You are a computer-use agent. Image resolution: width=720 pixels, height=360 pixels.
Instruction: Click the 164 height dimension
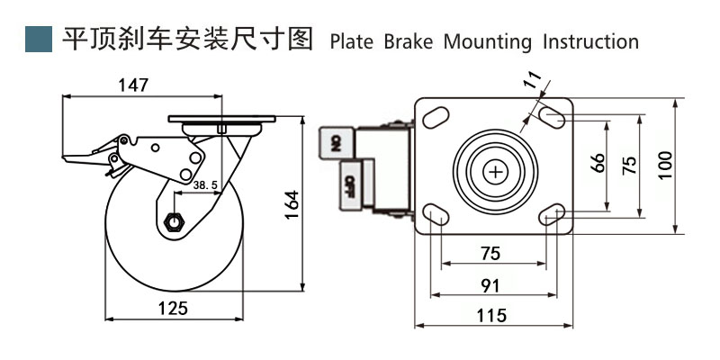pyautogui.click(x=291, y=208)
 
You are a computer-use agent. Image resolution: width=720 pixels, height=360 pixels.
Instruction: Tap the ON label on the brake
pyautogui.click(x=335, y=142)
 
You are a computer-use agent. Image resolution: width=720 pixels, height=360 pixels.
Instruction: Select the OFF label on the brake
pyautogui.click(x=349, y=184)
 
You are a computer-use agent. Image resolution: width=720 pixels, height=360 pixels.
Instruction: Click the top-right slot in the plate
pyautogui.click(x=553, y=116)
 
